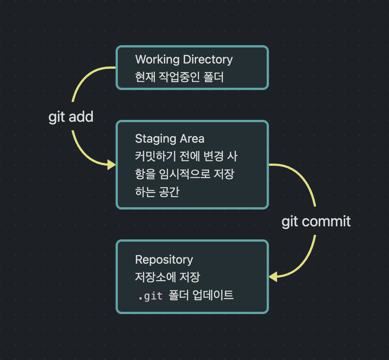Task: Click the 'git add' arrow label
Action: [x=71, y=117]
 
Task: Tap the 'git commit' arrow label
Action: [x=316, y=221]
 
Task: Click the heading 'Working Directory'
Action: [x=184, y=59]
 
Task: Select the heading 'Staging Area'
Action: [x=169, y=139]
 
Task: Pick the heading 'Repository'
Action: [x=164, y=260]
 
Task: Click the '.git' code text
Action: [x=150, y=296]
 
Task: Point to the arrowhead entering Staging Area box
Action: [x=112, y=164]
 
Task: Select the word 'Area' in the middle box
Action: [x=192, y=139]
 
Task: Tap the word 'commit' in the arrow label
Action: [x=326, y=221]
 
